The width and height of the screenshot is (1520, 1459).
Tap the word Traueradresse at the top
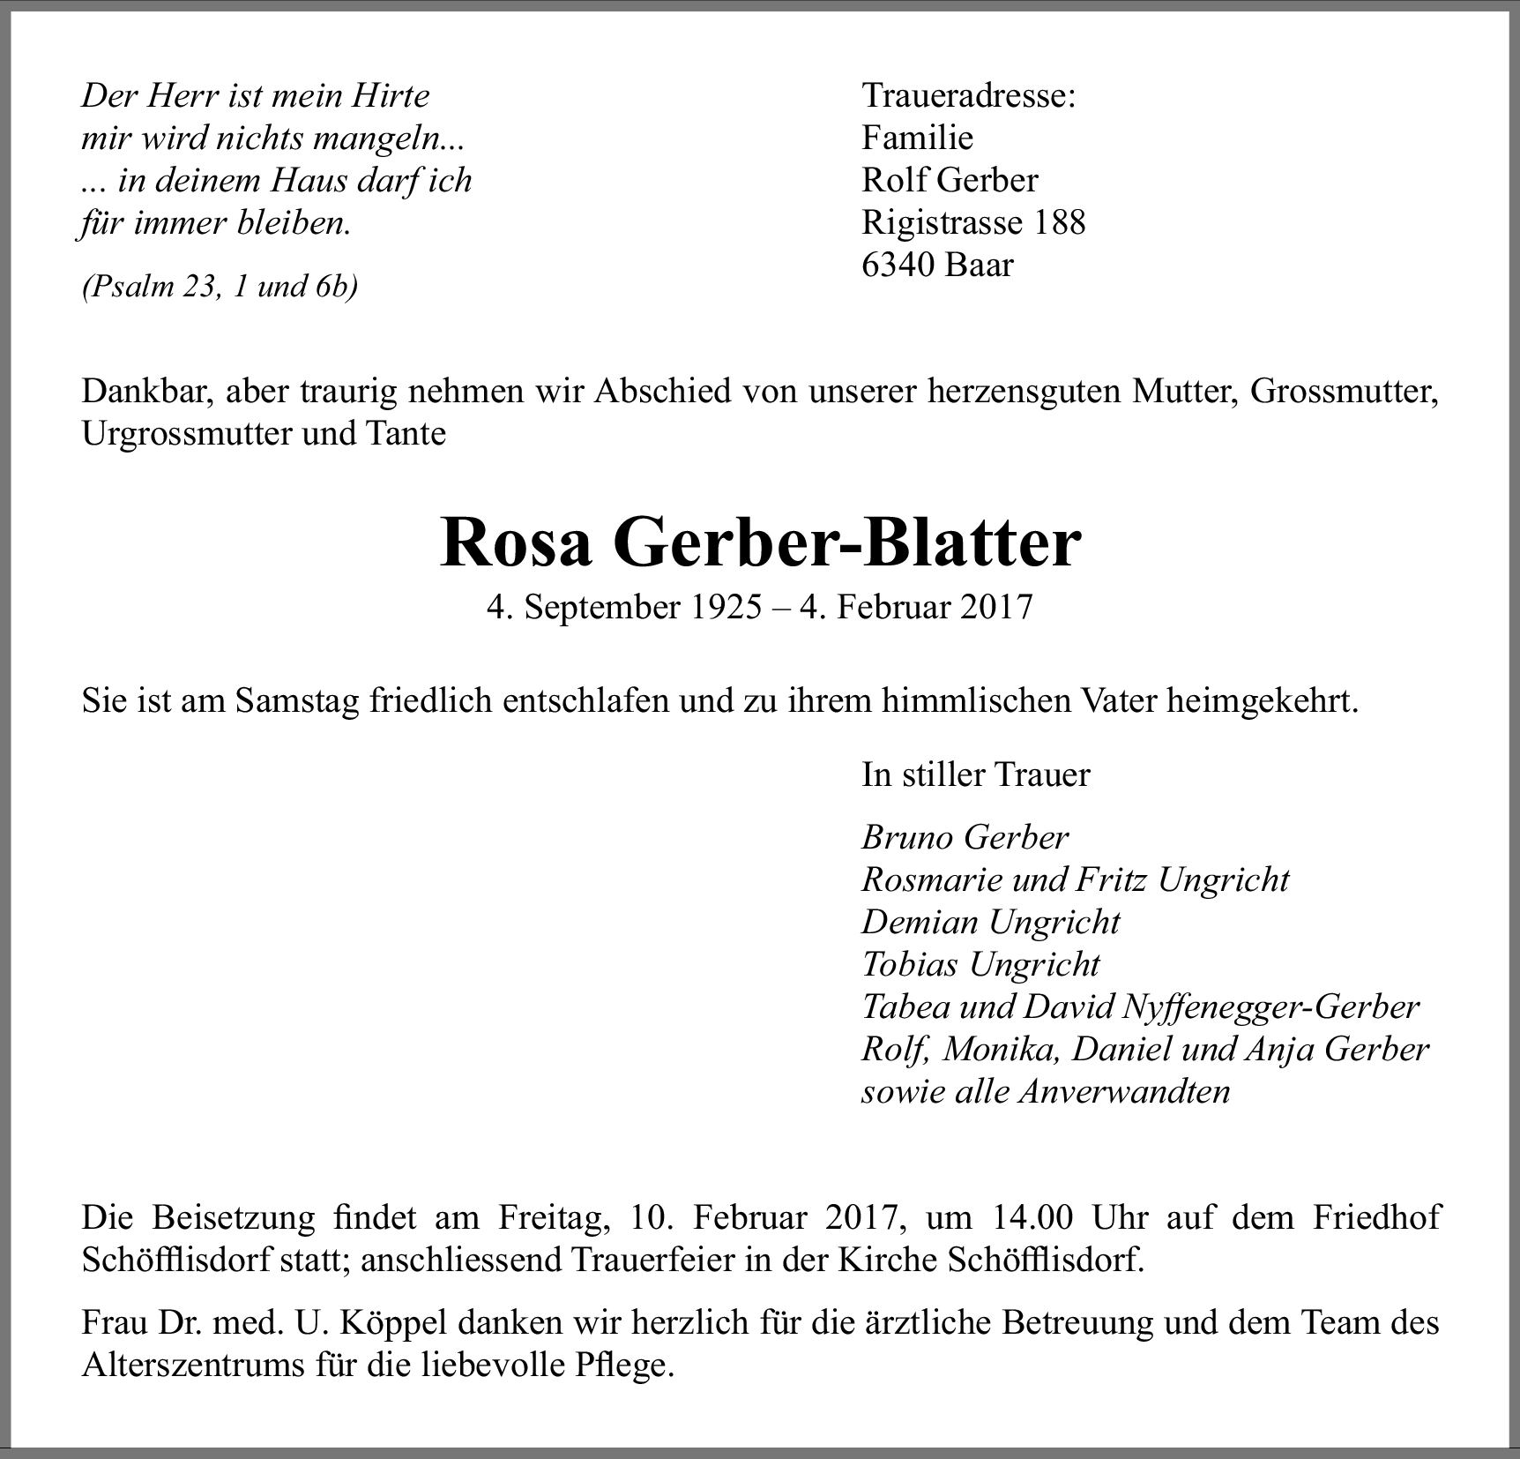pos(967,96)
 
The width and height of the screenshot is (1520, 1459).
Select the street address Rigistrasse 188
pos(973,222)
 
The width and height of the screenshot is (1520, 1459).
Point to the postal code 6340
pos(898,265)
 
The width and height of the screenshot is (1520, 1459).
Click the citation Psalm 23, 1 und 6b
pos(220,287)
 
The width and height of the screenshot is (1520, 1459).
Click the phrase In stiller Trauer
pos(975,774)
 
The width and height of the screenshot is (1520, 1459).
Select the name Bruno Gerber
pos(965,837)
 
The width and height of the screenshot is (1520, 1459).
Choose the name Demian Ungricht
pos(990,922)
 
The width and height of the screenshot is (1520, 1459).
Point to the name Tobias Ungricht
pos(980,964)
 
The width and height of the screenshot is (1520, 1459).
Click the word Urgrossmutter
pos(185,434)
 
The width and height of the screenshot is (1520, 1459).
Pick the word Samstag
pos(299,701)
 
